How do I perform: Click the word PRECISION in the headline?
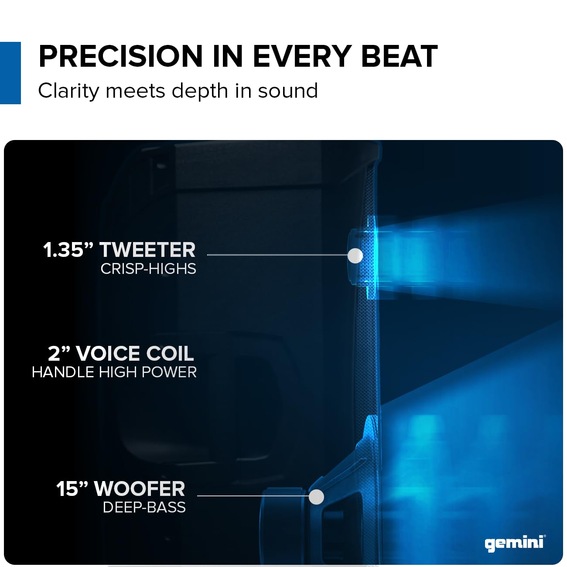coord(121,56)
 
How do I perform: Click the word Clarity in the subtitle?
coord(69,91)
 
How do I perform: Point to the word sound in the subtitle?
coord(288,91)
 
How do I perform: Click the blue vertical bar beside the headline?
coord(10,73)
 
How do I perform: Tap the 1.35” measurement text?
coord(68,250)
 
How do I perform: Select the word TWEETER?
coord(147,250)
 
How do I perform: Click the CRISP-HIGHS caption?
coord(148,269)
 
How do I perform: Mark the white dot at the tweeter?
coord(355,256)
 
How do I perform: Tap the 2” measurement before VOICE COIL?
coord(59,353)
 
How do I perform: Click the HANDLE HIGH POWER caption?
coord(114,372)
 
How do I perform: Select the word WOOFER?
coord(140,488)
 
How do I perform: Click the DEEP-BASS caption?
coord(144,507)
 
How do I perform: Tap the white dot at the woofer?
coord(316,497)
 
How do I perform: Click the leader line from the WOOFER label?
coord(253,495)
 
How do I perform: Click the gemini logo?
coord(515,543)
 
